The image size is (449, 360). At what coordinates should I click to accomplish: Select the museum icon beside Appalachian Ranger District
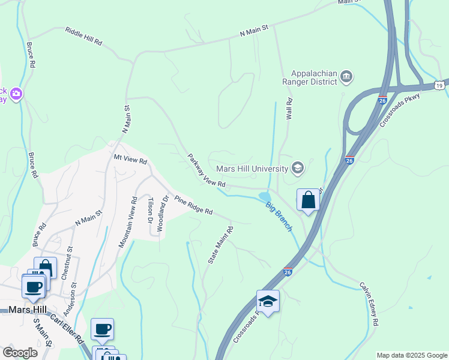(346, 76)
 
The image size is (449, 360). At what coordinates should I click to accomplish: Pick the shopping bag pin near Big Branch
(308, 200)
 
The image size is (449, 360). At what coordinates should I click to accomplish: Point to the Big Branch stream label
(280, 216)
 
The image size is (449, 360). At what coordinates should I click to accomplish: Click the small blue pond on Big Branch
(264, 197)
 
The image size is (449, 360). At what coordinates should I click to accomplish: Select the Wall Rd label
(289, 109)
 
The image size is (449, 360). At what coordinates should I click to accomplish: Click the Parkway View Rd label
(206, 170)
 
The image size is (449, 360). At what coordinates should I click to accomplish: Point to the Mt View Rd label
(130, 160)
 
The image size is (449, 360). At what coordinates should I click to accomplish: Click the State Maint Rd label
(220, 245)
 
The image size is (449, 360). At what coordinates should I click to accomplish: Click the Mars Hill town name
(29, 310)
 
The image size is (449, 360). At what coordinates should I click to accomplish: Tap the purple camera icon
(16, 94)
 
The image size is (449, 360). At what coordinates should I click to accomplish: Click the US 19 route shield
(441, 85)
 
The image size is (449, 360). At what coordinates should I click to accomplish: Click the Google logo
(20, 352)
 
